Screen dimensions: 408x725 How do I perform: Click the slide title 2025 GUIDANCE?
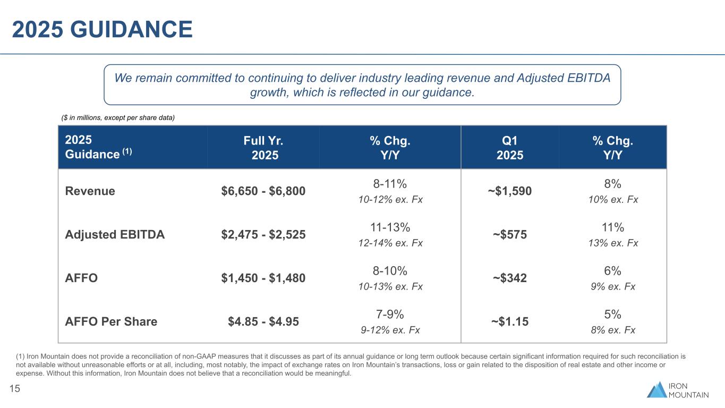pos(102,29)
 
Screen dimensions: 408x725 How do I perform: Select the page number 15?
pos(15,389)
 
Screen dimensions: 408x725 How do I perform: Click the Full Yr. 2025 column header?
pos(263,148)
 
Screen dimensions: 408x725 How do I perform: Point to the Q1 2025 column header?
pos(509,148)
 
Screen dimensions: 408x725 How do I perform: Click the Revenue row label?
pos(90,191)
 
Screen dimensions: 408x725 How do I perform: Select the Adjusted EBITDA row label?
pos(115,234)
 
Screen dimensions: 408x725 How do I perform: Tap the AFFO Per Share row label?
pos(111,321)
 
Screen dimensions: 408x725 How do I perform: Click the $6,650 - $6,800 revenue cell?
pos(263,191)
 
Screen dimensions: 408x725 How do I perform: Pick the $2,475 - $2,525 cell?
pos(263,234)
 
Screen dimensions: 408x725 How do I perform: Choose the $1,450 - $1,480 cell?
pos(263,278)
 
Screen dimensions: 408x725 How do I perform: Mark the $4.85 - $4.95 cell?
pos(263,321)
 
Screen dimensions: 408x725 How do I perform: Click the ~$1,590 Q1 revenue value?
pos(509,191)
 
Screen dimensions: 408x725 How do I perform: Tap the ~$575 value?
pos(509,234)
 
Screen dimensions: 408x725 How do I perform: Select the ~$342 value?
pos(509,278)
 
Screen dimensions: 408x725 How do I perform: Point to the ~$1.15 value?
pos(509,321)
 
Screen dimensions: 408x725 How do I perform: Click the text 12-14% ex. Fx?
pos(390,243)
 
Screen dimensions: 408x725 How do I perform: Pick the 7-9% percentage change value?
pos(390,314)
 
